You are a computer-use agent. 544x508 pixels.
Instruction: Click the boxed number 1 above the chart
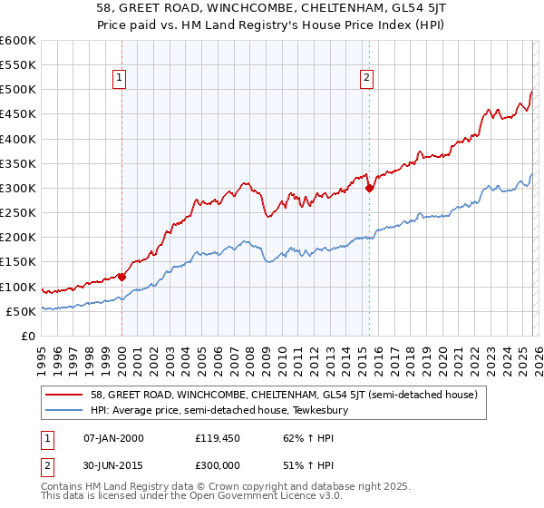121,79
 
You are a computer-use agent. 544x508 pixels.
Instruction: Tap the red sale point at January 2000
121,278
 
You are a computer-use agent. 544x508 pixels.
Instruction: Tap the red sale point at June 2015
369,189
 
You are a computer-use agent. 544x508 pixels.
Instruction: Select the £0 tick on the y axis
30,336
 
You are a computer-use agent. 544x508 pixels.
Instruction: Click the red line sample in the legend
66,395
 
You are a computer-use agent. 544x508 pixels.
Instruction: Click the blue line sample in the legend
66,411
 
